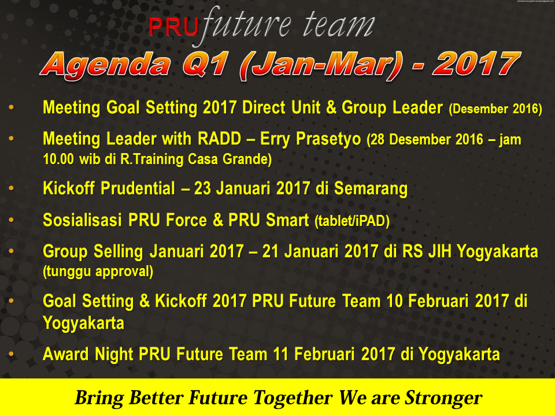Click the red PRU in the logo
[173, 27]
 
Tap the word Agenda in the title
[105, 65]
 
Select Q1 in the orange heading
[205, 65]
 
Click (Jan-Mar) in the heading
[321, 65]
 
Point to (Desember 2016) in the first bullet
[495, 109]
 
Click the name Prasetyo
[328, 139]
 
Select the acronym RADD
[220, 138]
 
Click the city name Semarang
[371, 188]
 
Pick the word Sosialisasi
[82, 220]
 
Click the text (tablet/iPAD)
[352, 221]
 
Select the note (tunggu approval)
[98, 272]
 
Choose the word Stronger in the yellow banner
[443, 398]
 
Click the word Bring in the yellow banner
[99, 398]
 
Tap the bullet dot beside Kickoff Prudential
[12, 188]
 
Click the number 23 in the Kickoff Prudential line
[202, 188]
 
